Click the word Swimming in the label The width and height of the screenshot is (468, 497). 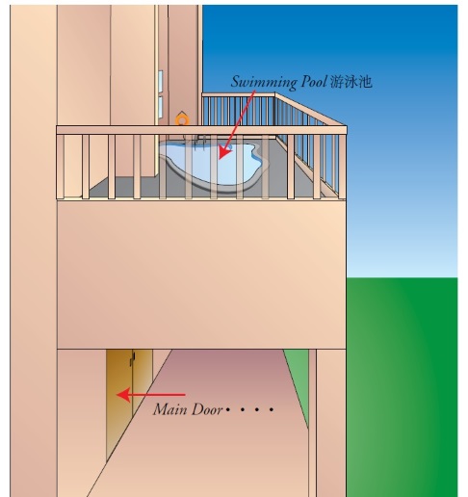pos(263,82)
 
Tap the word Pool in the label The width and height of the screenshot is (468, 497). pos(314,81)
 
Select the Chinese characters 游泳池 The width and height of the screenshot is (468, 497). pos(351,82)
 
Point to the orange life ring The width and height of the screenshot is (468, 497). pos(182,120)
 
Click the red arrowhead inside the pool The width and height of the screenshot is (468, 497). pos(224,151)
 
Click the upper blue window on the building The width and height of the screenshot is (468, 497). pos(160,81)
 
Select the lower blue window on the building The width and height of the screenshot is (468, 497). pos(160,107)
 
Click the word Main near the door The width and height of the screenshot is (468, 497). pos(171,409)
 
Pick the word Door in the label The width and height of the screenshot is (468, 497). pos(208,409)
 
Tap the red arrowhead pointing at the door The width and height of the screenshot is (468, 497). pos(123,395)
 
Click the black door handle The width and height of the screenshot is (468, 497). pos(133,358)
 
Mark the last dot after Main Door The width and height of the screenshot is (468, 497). pos(272,409)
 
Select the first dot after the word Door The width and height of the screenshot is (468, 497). pos(227,409)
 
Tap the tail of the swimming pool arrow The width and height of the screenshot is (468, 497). pos(254,92)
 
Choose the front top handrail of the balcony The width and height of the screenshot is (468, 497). pos(201,130)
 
